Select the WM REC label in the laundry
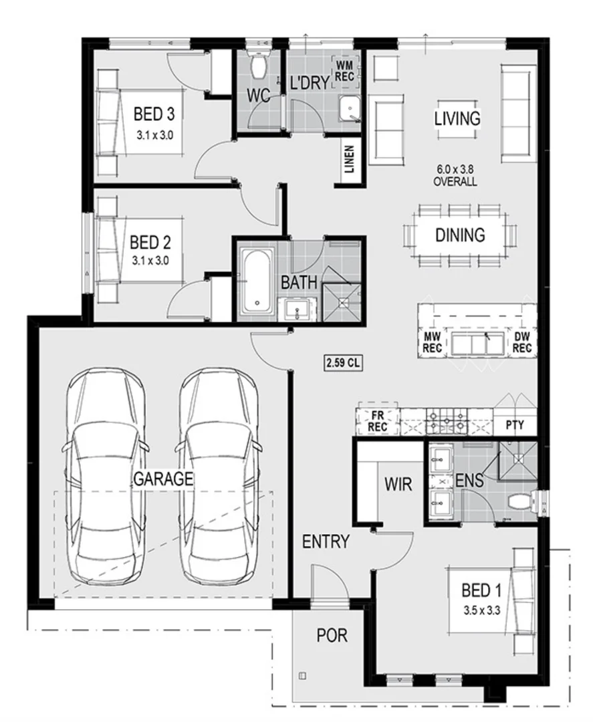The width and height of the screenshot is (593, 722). tap(344, 70)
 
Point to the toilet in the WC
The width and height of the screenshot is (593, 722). tap(257, 64)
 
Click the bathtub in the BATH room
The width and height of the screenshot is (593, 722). tap(257, 281)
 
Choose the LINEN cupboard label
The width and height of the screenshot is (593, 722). tap(350, 160)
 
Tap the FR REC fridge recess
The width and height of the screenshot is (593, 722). tap(378, 420)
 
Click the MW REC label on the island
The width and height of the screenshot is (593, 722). tap(431, 344)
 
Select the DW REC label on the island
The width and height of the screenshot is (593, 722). tap(521, 344)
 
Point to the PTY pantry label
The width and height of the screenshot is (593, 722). tap(514, 425)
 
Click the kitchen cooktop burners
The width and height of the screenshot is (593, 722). tap(447, 420)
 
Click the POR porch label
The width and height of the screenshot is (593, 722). tap(332, 635)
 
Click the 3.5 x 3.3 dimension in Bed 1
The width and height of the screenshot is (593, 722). tap(481, 609)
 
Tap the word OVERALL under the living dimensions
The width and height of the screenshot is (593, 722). tap(455, 182)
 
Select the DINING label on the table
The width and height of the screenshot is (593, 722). tap(460, 235)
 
